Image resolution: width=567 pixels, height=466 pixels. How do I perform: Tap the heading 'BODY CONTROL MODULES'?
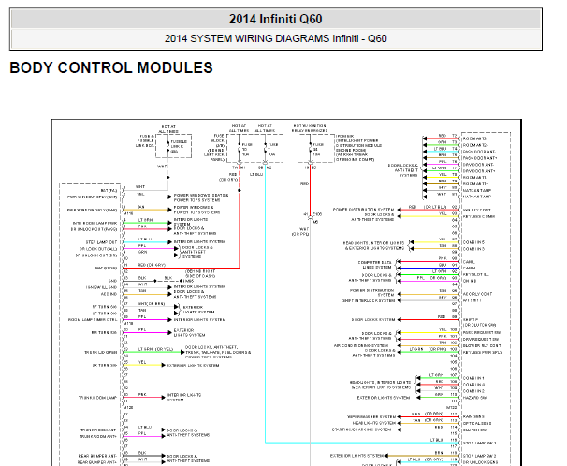point(110,68)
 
